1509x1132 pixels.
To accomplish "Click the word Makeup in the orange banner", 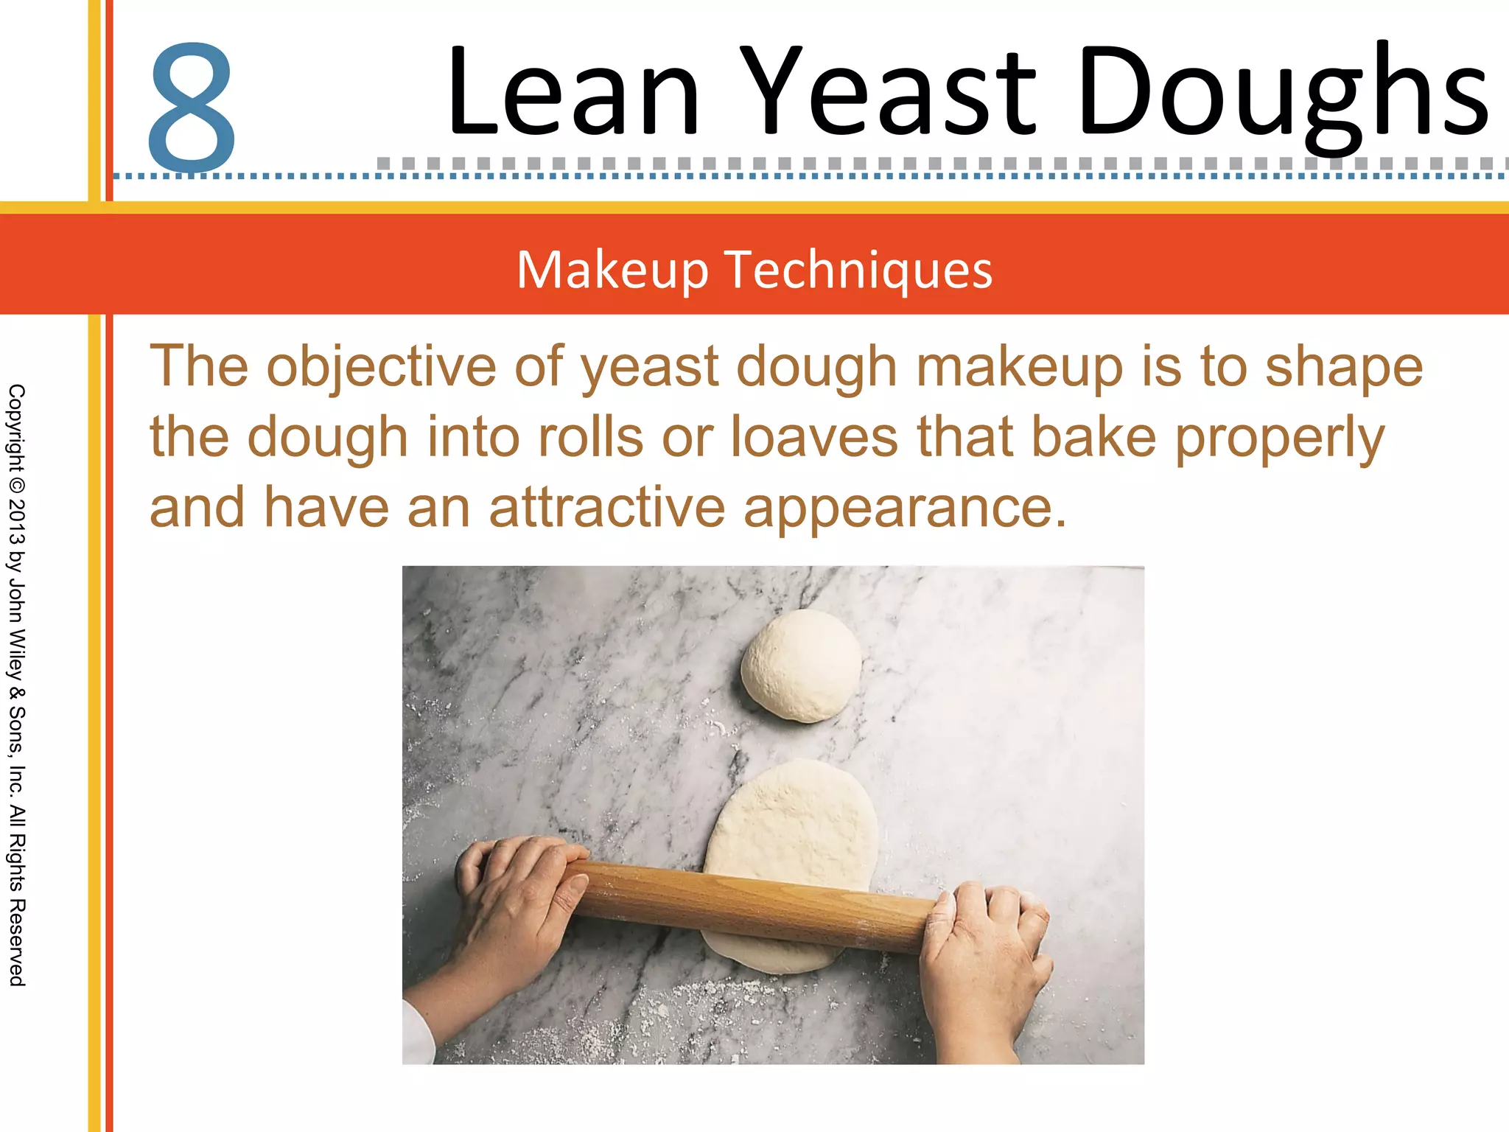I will coord(612,270).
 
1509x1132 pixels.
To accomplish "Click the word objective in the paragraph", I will coord(381,366).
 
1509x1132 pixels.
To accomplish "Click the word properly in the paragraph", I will coord(1281,436).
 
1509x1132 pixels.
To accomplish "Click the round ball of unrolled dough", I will coord(801,665).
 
